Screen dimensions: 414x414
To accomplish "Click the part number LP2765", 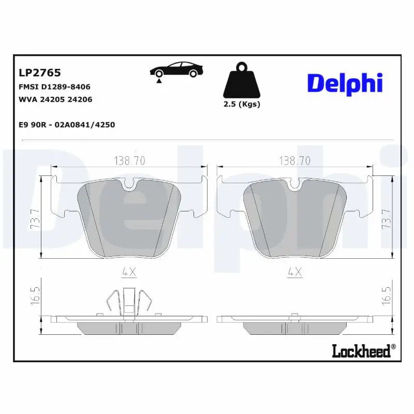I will pyautogui.click(x=40, y=73).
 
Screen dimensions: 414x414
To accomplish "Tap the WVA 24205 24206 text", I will pyautogui.click(x=55, y=99).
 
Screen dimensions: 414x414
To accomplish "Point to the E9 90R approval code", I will pyautogui.click(x=67, y=125).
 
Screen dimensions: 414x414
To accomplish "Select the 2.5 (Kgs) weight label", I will pyautogui.click(x=242, y=104).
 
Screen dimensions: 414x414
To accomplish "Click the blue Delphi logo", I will pyautogui.click(x=345, y=83).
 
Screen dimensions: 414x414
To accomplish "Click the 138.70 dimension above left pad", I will pyautogui.click(x=129, y=161).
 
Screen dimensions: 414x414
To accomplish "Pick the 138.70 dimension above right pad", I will pyautogui.click(x=294, y=161).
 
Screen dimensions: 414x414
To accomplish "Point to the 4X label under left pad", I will pyautogui.click(x=129, y=271).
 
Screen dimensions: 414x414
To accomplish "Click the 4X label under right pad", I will pyautogui.click(x=294, y=271).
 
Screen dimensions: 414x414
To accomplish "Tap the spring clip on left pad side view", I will pyautogui.click(x=129, y=302).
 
